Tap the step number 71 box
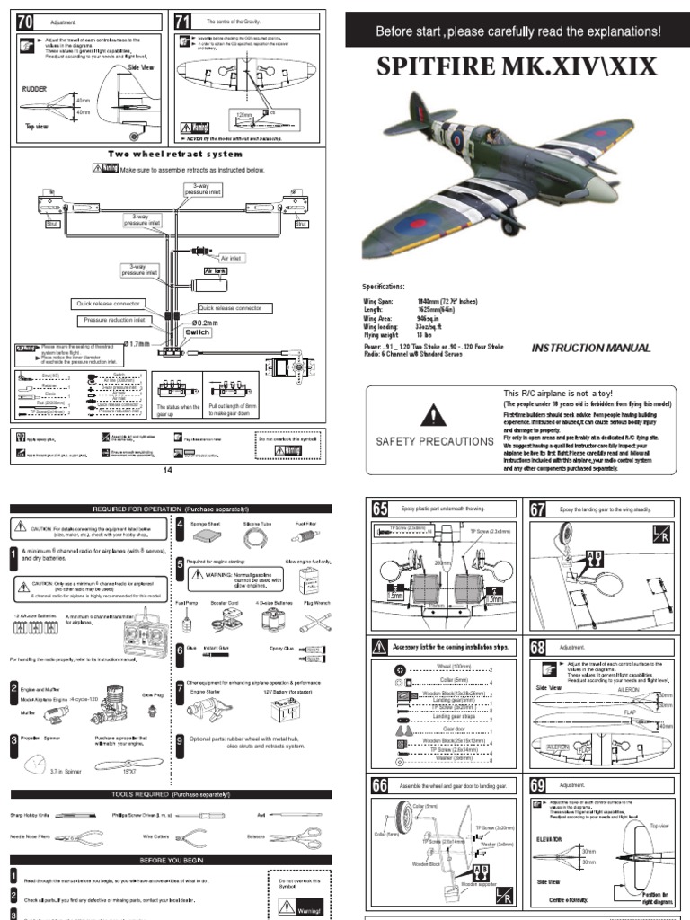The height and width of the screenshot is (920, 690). coord(183,20)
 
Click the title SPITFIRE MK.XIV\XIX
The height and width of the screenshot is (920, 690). coord(517,66)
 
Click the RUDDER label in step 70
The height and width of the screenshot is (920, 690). coord(32,90)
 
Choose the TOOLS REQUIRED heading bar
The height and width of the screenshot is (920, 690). coord(171,794)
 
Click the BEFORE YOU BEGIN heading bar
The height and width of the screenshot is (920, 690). coord(171,860)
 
